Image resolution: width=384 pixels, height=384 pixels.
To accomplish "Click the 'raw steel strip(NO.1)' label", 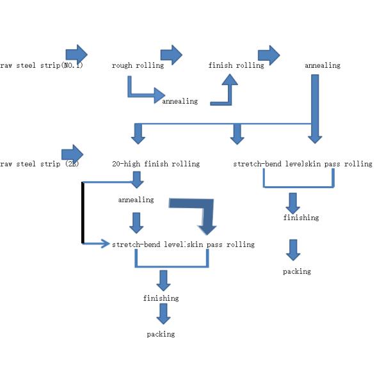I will tap(42, 65).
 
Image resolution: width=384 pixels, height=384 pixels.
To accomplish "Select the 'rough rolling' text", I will tap(138, 65).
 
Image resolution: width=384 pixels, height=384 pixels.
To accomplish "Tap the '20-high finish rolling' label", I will tap(156, 164).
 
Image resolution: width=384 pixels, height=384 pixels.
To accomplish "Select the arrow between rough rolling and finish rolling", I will tap(171, 54).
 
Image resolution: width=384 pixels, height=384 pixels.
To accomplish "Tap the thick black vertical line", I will tap(83, 213).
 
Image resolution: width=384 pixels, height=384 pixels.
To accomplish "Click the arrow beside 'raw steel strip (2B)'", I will tap(72, 154).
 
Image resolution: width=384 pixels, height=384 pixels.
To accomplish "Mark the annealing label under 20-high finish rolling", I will tap(136, 200).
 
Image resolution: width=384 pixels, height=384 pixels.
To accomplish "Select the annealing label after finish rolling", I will tap(323, 65).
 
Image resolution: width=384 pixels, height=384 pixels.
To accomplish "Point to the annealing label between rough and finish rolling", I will tap(180, 101).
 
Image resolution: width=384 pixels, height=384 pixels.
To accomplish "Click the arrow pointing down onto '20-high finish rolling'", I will tap(138, 134).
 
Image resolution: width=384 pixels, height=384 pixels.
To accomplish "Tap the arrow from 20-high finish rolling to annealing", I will tap(136, 179).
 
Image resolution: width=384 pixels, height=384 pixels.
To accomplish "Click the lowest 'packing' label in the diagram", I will tap(161, 334).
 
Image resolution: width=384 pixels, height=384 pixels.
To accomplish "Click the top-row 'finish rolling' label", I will tap(236, 65).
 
